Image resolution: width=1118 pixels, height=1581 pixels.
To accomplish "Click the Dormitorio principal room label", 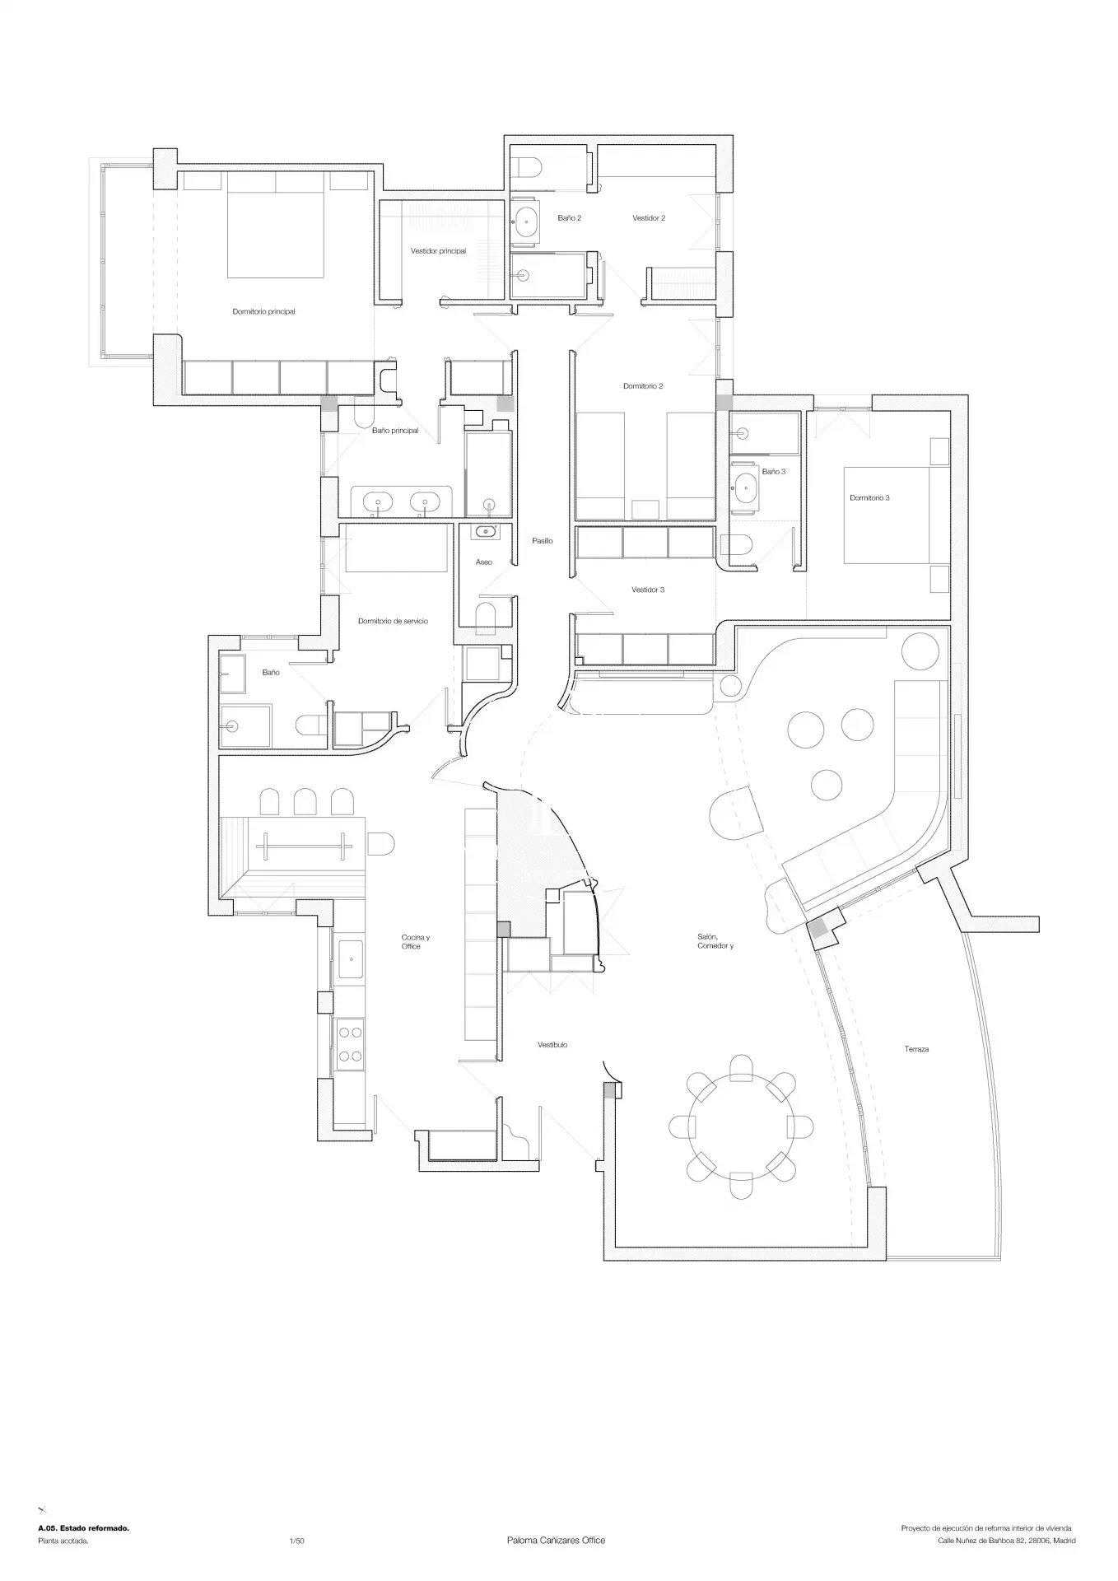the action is pos(263,312).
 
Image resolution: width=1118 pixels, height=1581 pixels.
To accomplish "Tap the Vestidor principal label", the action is pos(438,251).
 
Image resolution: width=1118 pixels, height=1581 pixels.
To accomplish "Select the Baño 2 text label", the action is pos(569,218).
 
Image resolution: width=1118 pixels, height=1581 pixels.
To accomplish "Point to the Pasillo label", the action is pos(542,541).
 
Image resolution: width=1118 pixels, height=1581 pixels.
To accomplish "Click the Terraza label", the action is pos(916,1049).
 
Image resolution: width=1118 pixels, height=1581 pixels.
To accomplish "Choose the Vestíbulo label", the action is pos(552,1045).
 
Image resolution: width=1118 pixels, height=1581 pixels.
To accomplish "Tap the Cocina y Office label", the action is pos(415,942).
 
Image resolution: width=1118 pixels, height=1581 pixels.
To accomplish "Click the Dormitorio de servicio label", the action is pos(393,621).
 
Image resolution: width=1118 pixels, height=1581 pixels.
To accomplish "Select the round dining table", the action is pos(741,1126).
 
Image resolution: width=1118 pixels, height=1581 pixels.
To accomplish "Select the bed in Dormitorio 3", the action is pos(887,515).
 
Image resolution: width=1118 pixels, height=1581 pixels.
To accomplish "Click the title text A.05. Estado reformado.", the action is pos(83,1528).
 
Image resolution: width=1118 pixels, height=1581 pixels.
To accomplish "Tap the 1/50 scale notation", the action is pos(297,1541).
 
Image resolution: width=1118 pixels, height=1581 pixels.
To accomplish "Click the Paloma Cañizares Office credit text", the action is pos(557,1541).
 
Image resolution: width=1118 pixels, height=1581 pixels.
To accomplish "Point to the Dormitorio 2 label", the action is pos(643,386).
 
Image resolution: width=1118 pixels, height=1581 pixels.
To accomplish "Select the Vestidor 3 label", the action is pos(648,590).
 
